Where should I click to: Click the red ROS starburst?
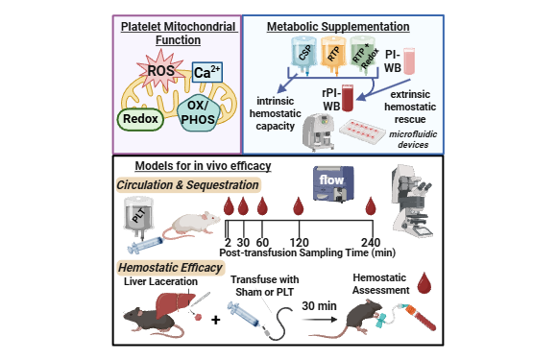(161, 70)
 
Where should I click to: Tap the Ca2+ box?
(207, 72)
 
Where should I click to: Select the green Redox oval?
(140, 119)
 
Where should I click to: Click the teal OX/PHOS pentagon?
(198, 112)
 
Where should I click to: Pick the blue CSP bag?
(304, 55)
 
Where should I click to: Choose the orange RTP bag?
(333, 55)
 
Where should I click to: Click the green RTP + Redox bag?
(363, 55)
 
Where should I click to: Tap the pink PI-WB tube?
(409, 61)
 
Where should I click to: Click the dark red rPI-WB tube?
(348, 98)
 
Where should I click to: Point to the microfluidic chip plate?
(362, 131)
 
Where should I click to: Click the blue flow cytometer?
(333, 183)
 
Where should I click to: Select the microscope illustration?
(412, 201)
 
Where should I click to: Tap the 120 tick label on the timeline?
(299, 243)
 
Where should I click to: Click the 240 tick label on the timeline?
(371, 243)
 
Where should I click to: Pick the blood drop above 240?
(371, 205)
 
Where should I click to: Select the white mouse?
(191, 225)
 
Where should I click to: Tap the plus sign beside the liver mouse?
(216, 320)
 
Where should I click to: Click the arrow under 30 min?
(320, 320)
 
